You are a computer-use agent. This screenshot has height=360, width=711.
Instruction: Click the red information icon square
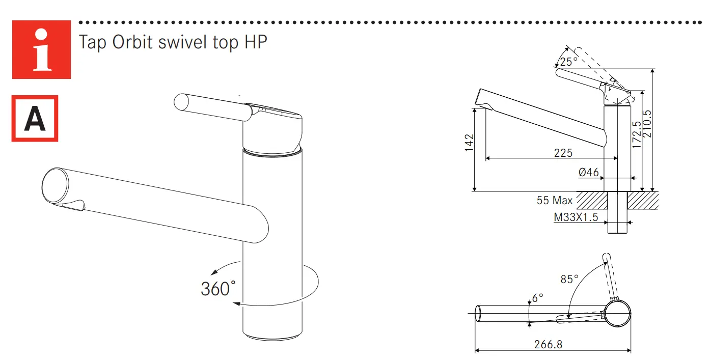click(41, 49)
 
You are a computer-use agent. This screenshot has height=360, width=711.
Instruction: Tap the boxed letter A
click(35, 119)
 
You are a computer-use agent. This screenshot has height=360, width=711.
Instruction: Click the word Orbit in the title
click(132, 42)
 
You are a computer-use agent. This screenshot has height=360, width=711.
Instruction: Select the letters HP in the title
click(256, 42)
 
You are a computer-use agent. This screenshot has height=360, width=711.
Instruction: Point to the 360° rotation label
click(218, 289)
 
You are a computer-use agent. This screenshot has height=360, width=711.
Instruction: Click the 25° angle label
click(568, 62)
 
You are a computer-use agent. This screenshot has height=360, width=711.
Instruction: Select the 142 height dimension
click(469, 143)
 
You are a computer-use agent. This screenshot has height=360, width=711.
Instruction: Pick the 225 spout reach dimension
click(563, 153)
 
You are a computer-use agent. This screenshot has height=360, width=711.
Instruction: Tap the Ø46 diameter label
click(588, 173)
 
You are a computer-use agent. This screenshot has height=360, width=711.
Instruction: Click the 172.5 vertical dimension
click(637, 134)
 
